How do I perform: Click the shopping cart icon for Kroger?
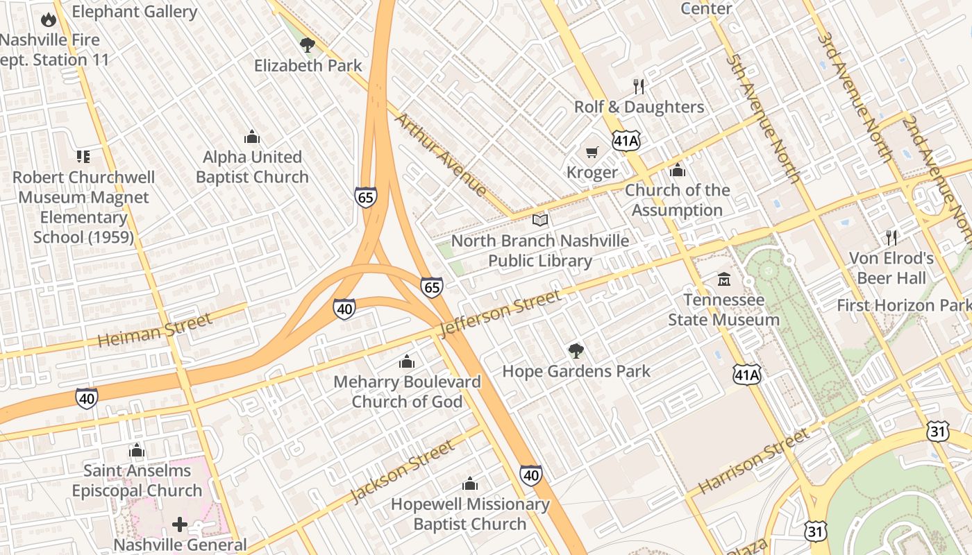(x=592, y=152)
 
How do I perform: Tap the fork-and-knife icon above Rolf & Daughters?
(x=639, y=86)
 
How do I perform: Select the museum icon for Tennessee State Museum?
(x=724, y=280)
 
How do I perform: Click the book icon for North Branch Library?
(x=539, y=221)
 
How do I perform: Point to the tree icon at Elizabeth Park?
(x=307, y=46)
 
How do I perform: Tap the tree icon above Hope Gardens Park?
(x=576, y=350)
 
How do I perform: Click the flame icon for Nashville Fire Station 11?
(x=48, y=19)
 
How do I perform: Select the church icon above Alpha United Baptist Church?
(x=252, y=136)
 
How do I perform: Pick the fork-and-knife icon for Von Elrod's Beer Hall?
(x=891, y=238)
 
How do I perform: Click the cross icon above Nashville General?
(x=180, y=524)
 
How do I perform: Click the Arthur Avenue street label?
(x=441, y=154)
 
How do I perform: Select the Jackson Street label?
(x=402, y=472)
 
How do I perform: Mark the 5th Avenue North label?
(x=764, y=119)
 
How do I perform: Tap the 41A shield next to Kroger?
(x=626, y=141)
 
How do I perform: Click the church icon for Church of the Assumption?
(x=677, y=170)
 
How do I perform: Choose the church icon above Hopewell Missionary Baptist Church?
(x=470, y=484)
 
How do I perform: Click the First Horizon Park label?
(x=903, y=305)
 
